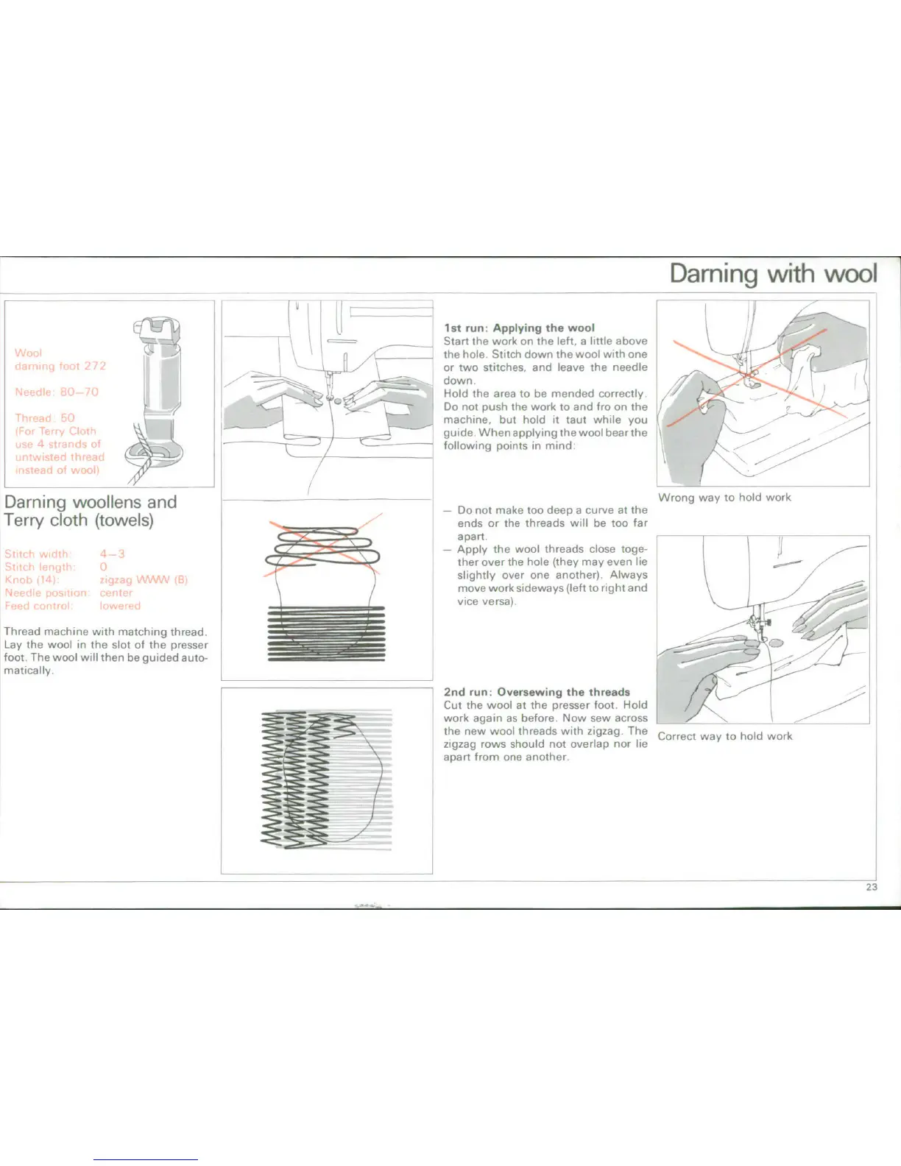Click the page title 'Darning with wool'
click(x=773, y=274)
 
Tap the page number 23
click(x=872, y=887)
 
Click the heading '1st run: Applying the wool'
click(x=519, y=328)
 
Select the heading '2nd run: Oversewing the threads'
click(x=537, y=692)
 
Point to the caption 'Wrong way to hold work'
click(x=724, y=498)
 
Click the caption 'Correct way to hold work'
click(x=725, y=736)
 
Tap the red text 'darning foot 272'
click(x=60, y=366)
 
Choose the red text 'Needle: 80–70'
click(x=57, y=392)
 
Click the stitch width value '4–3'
click(x=113, y=554)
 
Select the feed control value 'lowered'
click(x=120, y=606)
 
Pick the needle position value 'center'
click(x=116, y=593)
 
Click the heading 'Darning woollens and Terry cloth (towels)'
click(x=90, y=511)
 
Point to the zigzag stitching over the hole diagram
click(x=326, y=781)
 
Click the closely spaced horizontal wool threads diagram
click(x=326, y=632)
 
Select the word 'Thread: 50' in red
click(x=45, y=417)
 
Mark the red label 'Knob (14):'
click(x=32, y=579)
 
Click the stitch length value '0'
click(x=104, y=567)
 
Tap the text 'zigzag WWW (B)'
click(x=144, y=579)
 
